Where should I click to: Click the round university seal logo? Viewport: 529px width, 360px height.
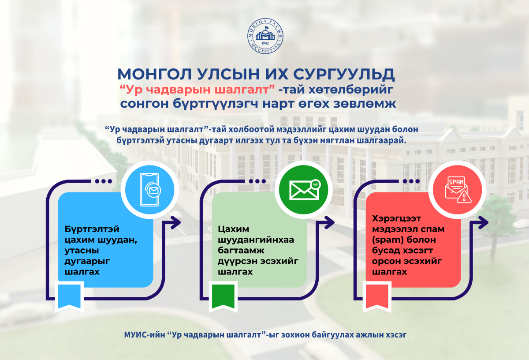click(265, 36)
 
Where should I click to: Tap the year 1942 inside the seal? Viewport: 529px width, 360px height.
click(265, 43)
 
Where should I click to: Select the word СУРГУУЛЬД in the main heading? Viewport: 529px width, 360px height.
click(344, 75)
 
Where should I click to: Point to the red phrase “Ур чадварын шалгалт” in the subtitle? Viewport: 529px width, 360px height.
click(197, 90)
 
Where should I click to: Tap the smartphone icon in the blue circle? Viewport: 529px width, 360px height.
click(150, 190)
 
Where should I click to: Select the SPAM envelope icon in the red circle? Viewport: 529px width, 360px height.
click(458, 190)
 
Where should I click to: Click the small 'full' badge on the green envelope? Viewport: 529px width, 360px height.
click(316, 184)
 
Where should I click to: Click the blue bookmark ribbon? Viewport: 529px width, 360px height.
click(69, 297)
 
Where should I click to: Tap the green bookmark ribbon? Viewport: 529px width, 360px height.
click(223, 297)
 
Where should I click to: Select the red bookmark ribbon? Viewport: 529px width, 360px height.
click(377, 297)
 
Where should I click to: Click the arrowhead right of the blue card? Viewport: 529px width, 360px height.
click(175, 222)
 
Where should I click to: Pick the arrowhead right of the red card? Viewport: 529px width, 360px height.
click(483, 222)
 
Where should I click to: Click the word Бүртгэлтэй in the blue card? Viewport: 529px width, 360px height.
click(92, 229)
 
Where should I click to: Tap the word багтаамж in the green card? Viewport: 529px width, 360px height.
click(241, 250)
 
